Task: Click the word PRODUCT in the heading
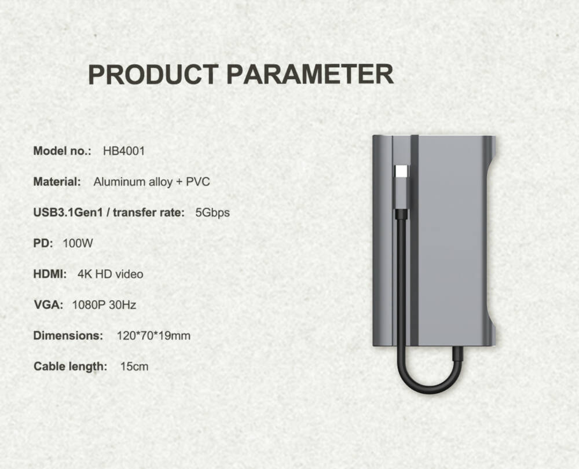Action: pyautogui.click(x=153, y=74)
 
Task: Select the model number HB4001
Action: pyautogui.click(x=124, y=151)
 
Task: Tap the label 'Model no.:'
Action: pyautogui.click(x=62, y=151)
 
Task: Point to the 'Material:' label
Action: pyautogui.click(x=57, y=182)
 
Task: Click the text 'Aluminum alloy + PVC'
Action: pyautogui.click(x=151, y=182)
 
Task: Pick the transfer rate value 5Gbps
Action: pyautogui.click(x=212, y=212)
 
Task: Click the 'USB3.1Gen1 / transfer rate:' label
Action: pyautogui.click(x=109, y=212)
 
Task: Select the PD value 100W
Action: pyautogui.click(x=78, y=243)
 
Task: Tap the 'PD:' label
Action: pyautogui.click(x=43, y=243)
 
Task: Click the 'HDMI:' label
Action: pyautogui.click(x=50, y=274)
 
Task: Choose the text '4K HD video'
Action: pyautogui.click(x=111, y=274)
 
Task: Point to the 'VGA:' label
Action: pyautogui.click(x=49, y=305)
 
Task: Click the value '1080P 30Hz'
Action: pyautogui.click(x=104, y=305)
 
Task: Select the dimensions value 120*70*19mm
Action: pyautogui.click(x=153, y=336)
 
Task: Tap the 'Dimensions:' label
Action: pyautogui.click(x=68, y=336)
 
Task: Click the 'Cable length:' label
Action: pyautogui.click(x=70, y=367)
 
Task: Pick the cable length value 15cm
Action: pyautogui.click(x=134, y=367)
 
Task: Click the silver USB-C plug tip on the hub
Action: pyautogui.click(x=401, y=171)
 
